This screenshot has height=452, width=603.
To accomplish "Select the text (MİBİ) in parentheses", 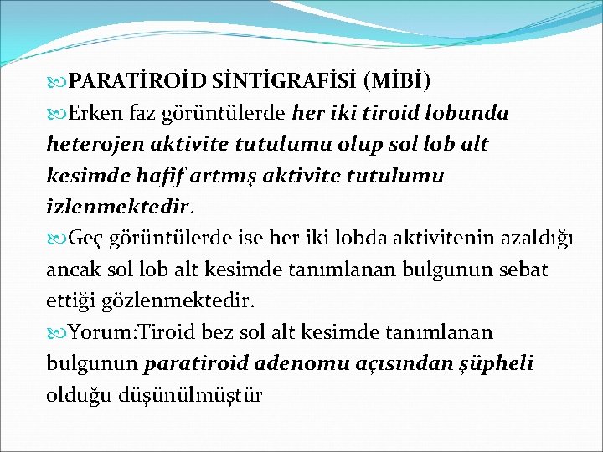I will [x=399, y=81].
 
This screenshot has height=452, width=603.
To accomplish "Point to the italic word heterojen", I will [x=92, y=144].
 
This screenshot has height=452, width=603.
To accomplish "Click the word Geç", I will [x=85, y=239].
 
